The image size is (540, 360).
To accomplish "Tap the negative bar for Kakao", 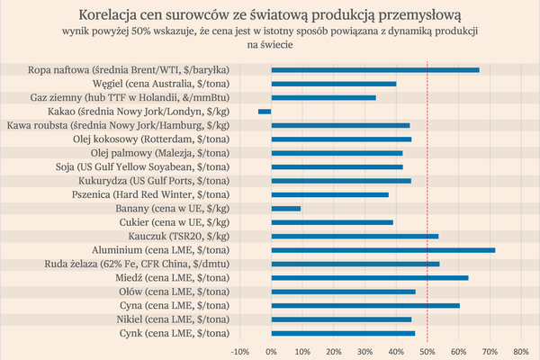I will tap(265, 111).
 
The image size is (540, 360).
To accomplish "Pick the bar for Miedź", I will tap(370, 278).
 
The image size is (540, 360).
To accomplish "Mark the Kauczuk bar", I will tap(355, 236).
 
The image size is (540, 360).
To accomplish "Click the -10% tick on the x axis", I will tap(240, 351).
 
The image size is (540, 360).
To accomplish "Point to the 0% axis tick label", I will tap(272, 351).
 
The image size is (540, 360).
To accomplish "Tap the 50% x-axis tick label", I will tap(427, 351).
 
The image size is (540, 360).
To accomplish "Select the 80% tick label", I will tap(520, 351).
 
